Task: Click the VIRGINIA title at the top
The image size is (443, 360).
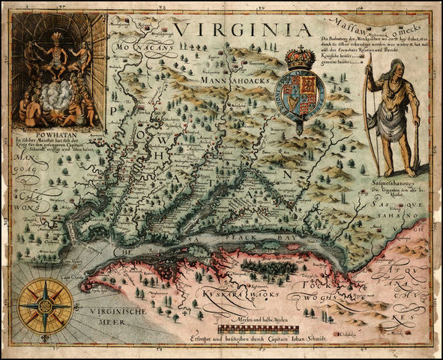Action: coord(242,29)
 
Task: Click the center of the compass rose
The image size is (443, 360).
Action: coord(45,305)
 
